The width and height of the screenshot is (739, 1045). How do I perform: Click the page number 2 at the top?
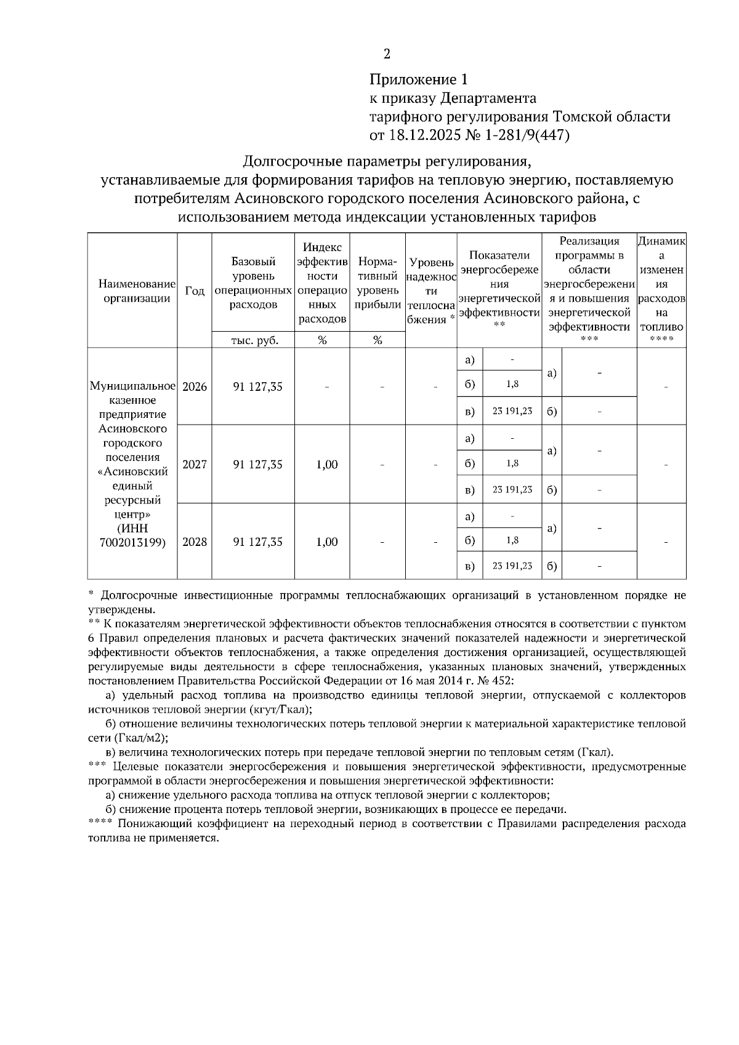pyautogui.click(x=387, y=54)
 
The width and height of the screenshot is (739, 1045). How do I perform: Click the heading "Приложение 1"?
pyautogui.click(x=419, y=79)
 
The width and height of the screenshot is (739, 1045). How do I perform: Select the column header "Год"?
pyautogui.click(x=195, y=290)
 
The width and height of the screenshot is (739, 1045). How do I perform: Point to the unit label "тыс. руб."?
pyautogui.click(x=253, y=340)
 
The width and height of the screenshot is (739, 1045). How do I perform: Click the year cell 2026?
pyautogui.click(x=195, y=386)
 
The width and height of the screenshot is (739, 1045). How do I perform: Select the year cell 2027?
pyautogui.click(x=195, y=465)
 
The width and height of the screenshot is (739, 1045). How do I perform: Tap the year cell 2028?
pyautogui.click(x=195, y=542)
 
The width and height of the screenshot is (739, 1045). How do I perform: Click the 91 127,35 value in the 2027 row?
pyautogui.click(x=257, y=465)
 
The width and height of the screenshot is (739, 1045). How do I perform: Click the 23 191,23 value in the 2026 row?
pyautogui.click(x=512, y=411)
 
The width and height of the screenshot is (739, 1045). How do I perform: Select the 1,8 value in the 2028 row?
pyautogui.click(x=512, y=540)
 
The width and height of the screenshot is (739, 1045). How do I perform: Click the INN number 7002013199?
pyautogui.click(x=132, y=543)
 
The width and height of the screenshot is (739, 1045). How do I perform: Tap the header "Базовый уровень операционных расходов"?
pyautogui.click(x=253, y=283)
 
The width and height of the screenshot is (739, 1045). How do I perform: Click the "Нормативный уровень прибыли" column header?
pyautogui.click(x=378, y=283)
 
